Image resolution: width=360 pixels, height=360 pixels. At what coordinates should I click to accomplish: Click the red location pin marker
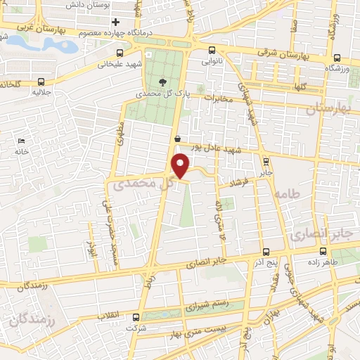pyautogui.click(x=181, y=167)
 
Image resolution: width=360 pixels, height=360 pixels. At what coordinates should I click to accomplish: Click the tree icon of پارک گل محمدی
pyautogui.click(x=164, y=82)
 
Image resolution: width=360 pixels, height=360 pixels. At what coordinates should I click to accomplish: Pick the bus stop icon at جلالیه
pyautogui.click(x=41, y=81)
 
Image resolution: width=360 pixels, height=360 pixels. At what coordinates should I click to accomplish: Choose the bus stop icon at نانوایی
pyautogui.click(x=214, y=51)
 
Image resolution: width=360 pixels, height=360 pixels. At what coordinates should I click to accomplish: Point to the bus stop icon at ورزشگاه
pyautogui.click(x=337, y=58)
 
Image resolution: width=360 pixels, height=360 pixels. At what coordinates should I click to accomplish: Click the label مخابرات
pyautogui.click(x=217, y=99)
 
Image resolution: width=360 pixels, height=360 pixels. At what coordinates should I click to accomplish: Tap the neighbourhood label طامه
pyautogui.click(x=288, y=192)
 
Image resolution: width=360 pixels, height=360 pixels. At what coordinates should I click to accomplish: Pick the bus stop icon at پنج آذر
pyautogui.click(x=265, y=251)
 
